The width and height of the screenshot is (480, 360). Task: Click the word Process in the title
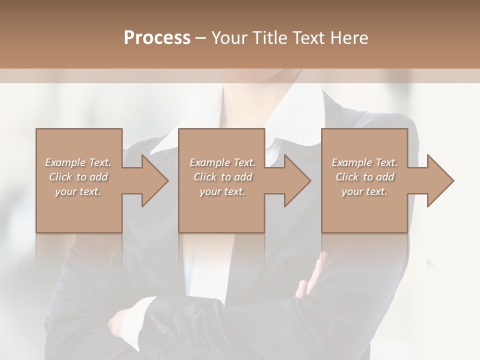157,38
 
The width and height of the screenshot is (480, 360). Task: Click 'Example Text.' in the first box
78,162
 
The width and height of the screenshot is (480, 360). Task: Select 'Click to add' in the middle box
222,177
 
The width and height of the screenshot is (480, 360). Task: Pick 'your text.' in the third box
364,191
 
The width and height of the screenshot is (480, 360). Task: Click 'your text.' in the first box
78,191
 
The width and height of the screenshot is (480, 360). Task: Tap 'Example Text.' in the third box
364,162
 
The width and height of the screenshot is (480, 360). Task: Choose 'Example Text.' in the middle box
222,162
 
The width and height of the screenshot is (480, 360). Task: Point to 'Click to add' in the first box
78,177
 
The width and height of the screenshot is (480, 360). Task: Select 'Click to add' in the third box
364,177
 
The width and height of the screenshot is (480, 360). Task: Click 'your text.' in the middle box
222,191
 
